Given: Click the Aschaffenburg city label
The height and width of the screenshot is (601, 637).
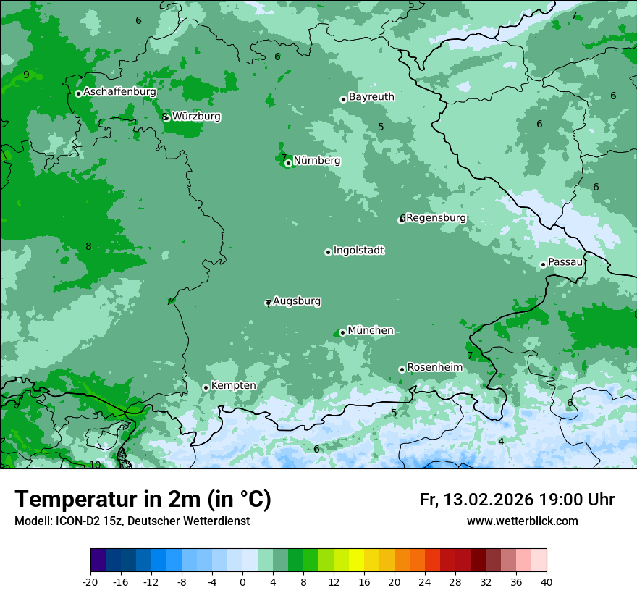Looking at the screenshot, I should coord(119,92).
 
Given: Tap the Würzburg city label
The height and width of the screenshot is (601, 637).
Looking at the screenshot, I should coord(196,117).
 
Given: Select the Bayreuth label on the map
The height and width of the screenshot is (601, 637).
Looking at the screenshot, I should coord(371,97).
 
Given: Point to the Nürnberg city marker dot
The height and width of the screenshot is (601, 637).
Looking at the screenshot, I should coord(288,163).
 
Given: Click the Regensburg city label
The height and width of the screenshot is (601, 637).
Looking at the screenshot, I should coord(436,218).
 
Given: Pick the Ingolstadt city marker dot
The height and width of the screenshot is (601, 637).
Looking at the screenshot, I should coord(328,252).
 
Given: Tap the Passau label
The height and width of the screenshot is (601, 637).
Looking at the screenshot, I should coord(565,262).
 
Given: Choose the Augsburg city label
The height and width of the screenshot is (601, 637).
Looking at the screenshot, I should coord(297,301).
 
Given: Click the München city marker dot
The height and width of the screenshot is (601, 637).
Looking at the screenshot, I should coord(342,333).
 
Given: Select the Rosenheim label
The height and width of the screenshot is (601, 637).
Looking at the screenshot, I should coord(434,368).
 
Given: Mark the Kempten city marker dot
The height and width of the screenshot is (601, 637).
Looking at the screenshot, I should coord(206,387).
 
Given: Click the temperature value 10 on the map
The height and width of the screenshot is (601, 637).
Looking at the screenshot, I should coord(95,465).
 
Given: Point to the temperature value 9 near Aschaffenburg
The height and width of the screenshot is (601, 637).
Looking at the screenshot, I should coord(26,75).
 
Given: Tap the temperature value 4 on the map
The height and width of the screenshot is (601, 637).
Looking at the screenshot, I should coord(501,442).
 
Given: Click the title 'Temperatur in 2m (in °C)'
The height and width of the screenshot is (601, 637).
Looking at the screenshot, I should coord(143,500).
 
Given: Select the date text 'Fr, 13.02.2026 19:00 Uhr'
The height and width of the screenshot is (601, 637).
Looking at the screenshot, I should coord(517,500).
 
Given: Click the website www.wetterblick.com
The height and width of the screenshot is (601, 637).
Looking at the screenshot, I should coord(522,521).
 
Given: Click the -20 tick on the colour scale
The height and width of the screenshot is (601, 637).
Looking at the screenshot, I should coord(90,581).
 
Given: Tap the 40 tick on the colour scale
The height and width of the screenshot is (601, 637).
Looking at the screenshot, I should coord(547,581).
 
